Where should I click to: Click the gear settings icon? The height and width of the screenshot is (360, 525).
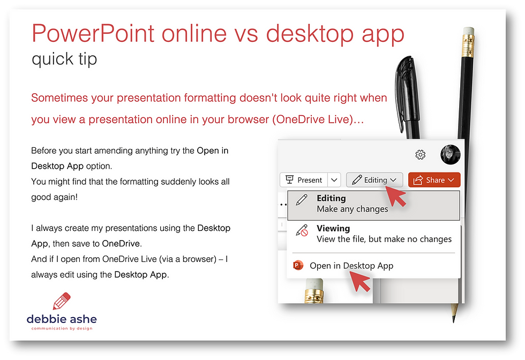pos(420,155)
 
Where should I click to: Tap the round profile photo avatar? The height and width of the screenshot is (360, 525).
pos(451,155)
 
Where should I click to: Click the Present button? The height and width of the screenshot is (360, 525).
pos(304,180)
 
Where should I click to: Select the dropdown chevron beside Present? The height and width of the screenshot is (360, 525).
pos(334,180)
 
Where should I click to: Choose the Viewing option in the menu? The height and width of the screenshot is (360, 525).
pos(374,234)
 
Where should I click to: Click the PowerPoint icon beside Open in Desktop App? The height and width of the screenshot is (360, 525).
pos(298,266)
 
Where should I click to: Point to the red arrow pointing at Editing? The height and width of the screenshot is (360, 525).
pos(395,196)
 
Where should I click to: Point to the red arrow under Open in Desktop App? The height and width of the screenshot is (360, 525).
pos(360,281)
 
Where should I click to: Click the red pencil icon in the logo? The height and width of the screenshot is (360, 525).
pos(62,301)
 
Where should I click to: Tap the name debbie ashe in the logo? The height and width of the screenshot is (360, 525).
pos(62,319)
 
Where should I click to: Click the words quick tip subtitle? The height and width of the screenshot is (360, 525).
pos(64,59)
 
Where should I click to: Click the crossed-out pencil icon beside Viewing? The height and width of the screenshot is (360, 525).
pos(302,230)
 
